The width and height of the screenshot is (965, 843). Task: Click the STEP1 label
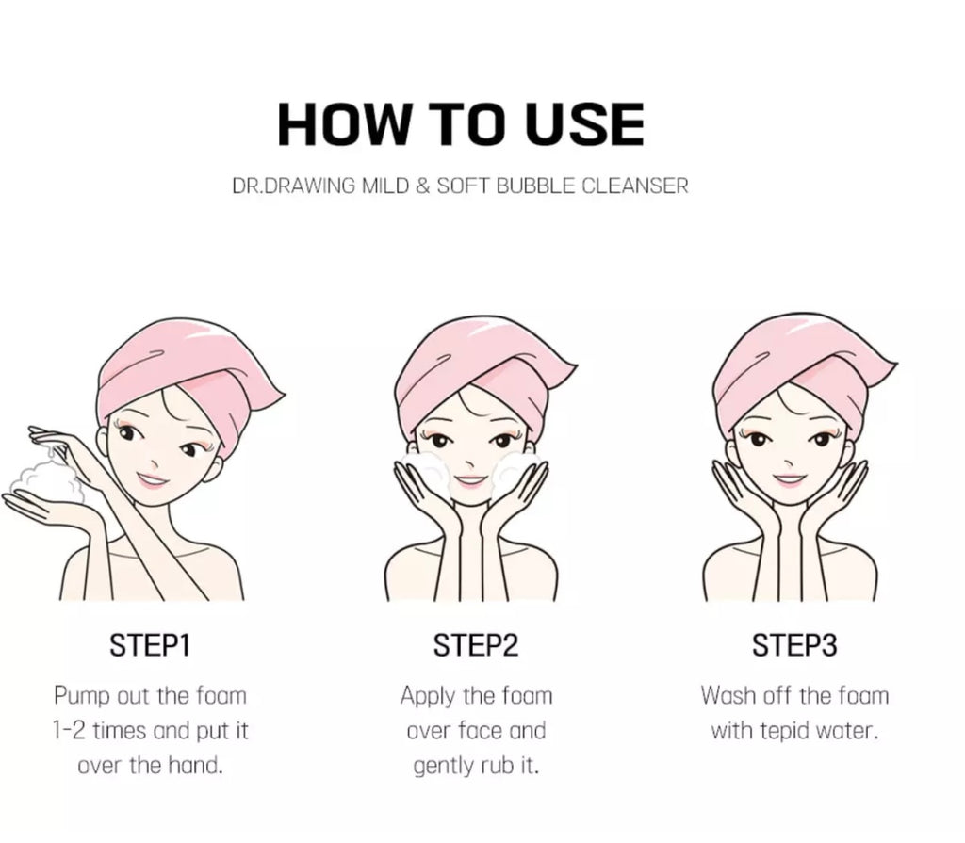tap(150, 645)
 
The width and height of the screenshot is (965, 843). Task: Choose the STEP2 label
tap(476, 645)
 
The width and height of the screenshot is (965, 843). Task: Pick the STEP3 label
tap(794, 645)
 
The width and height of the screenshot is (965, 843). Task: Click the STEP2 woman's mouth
tap(471, 481)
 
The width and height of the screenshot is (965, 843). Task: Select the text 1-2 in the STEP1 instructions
tap(70, 731)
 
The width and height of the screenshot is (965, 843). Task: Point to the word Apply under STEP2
tap(429, 697)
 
